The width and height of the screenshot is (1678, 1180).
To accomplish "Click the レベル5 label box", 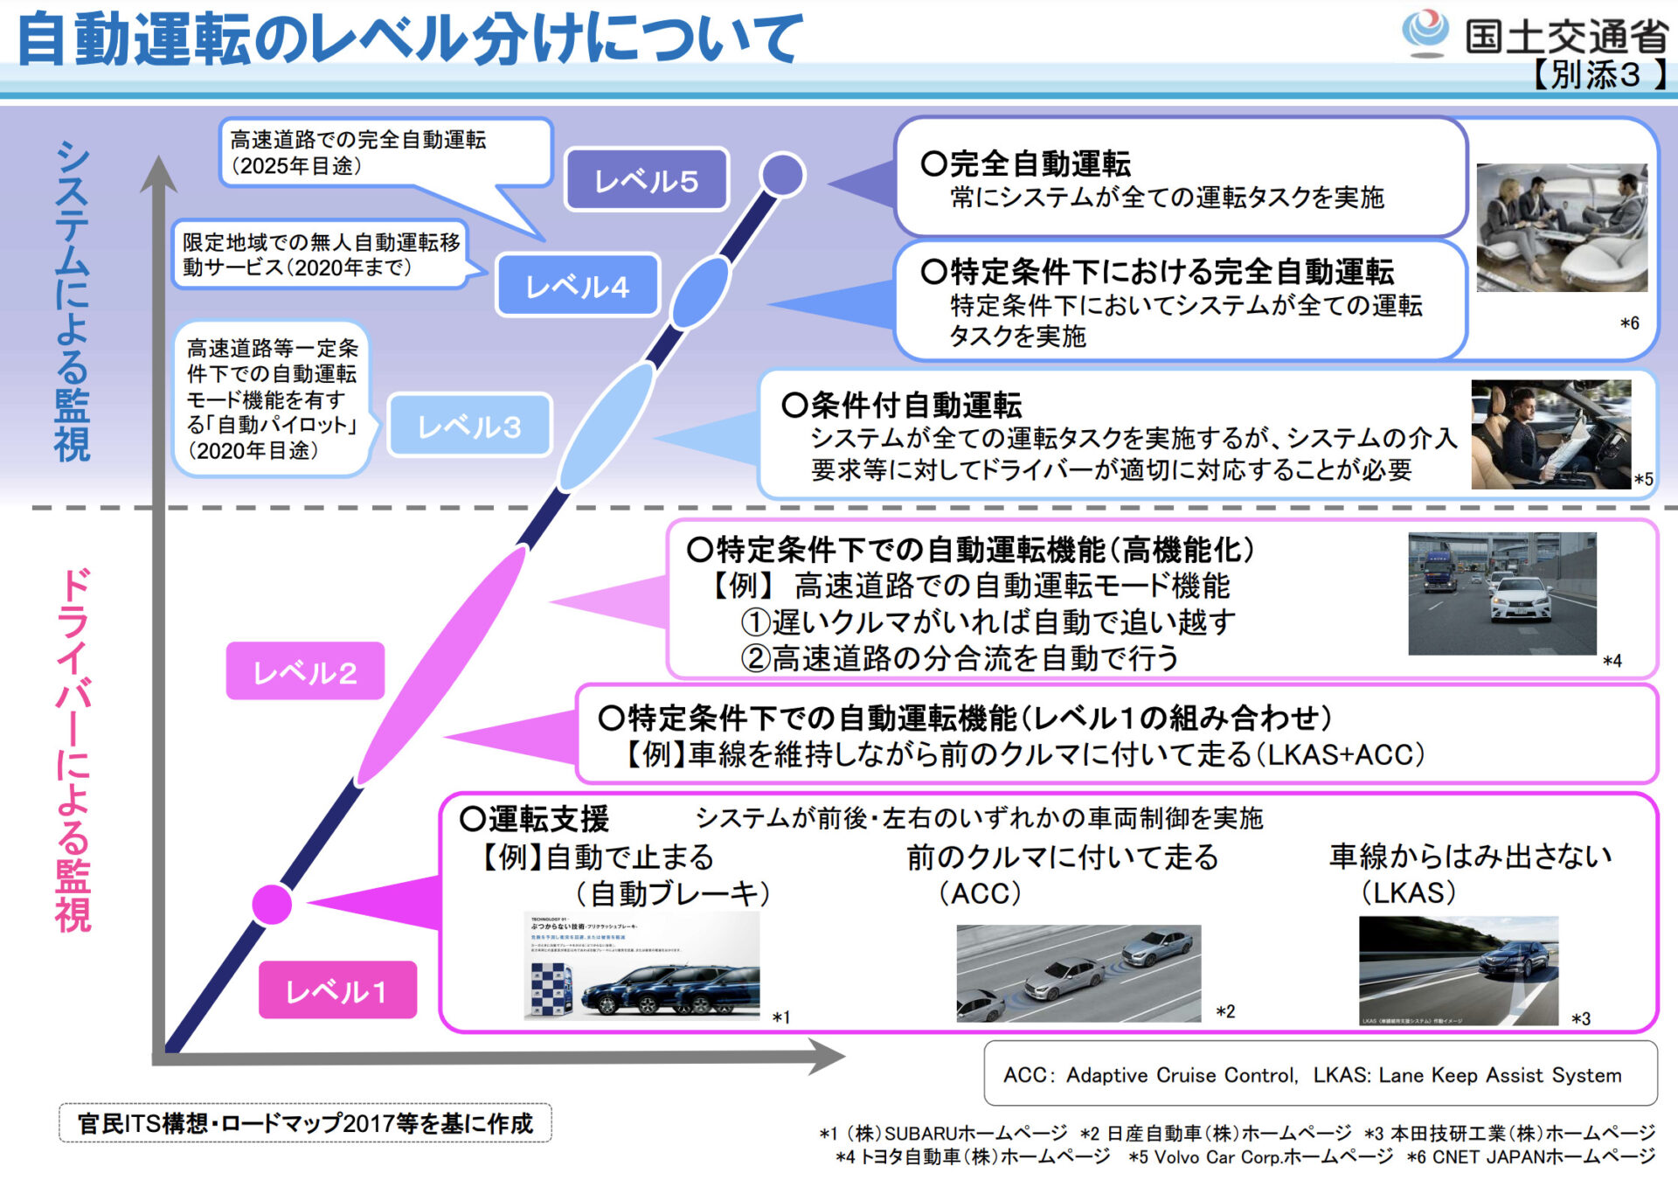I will [646, 180].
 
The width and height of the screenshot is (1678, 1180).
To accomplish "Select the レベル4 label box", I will [577, 286].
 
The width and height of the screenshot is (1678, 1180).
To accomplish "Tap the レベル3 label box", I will [469, 426].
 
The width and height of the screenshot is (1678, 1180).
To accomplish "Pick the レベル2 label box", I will [305, 671].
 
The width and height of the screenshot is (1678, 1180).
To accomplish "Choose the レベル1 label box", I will [336, 990].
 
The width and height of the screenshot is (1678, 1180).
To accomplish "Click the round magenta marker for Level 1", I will [272, 904].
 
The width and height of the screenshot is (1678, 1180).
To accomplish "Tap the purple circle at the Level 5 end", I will [782, 174].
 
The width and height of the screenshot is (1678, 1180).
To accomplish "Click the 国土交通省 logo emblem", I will [1426, 32].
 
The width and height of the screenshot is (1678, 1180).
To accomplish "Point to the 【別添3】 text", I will [1595, 75].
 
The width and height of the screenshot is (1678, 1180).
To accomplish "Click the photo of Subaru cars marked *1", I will [642, 966].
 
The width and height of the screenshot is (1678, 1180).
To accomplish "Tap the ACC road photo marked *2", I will [1078, 973].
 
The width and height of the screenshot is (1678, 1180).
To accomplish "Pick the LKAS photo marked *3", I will [1458, 970].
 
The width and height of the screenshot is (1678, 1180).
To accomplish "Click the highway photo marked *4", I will [1501, 593].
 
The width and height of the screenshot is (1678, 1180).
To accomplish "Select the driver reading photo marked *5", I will [1550, 434].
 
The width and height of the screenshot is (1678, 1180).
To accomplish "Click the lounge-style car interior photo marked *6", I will [1561, 227].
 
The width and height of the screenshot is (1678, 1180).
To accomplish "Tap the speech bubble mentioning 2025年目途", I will [385, 153].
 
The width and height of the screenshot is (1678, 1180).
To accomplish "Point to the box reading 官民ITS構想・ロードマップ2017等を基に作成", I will [305, 1123].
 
